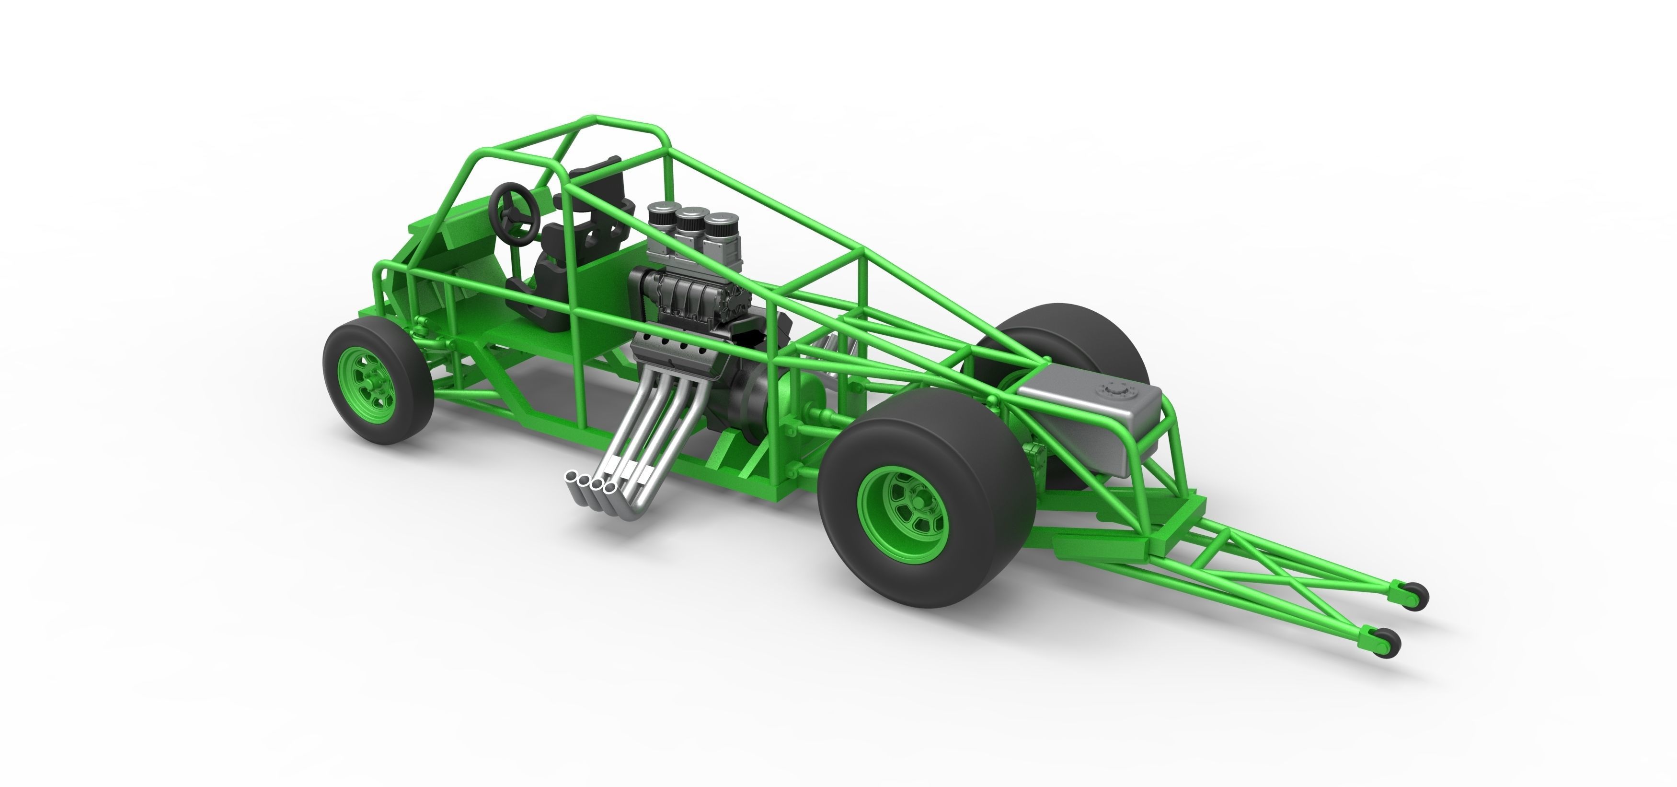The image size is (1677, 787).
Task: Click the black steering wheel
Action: (514, 209)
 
